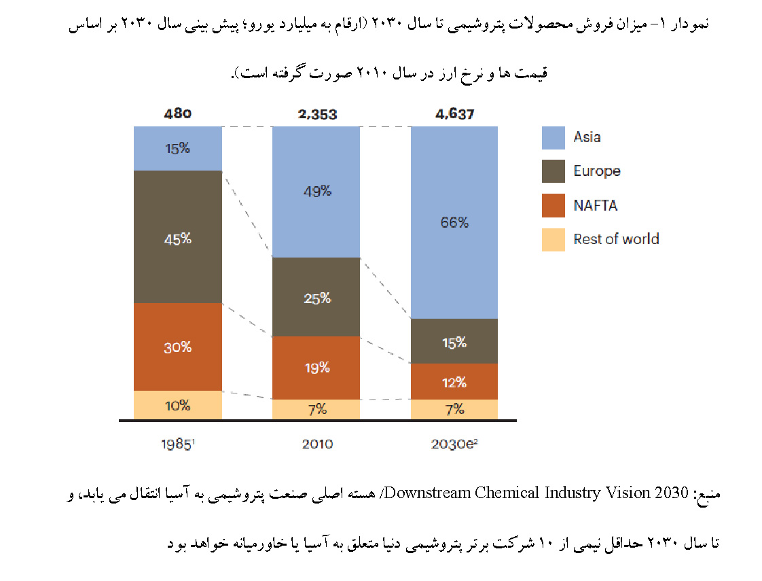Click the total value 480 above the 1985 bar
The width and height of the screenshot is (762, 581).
coord(178,114)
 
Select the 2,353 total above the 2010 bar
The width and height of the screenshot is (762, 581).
coord(316,114)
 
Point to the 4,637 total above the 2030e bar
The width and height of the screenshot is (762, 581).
coord(454,114)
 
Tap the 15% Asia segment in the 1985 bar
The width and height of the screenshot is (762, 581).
coord(178,148)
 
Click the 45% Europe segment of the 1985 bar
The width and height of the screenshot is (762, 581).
coord(178,238)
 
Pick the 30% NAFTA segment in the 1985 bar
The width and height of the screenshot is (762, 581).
coord(178,347)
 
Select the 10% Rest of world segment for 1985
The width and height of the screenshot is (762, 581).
coord(178,406)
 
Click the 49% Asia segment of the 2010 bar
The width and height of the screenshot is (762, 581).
coord(316,191)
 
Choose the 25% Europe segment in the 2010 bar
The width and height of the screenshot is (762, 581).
coord(316,298)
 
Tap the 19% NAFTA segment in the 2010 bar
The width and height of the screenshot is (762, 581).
coord(316,368)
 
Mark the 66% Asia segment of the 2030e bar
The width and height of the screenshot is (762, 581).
coord(454,222)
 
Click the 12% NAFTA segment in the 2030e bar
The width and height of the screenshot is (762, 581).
coord(454,382)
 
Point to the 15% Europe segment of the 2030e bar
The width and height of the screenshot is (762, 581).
coord(454,342)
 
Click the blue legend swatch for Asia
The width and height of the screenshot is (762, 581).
coord(553,138)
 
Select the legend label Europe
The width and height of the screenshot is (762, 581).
coord(596,171)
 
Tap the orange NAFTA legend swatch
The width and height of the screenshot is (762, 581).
coord(553,206)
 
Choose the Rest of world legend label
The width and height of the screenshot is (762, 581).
coord(616,239)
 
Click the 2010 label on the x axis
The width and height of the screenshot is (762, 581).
coord(316,444)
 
